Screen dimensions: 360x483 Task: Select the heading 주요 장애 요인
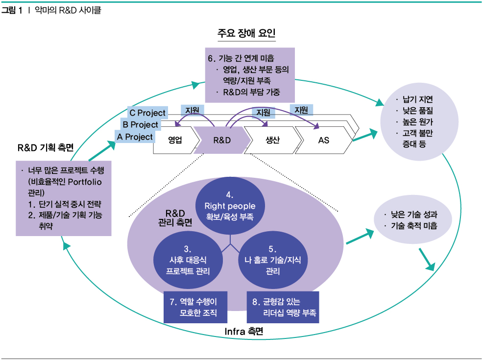[x=246, y=34]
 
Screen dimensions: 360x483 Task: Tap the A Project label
[x=135, y=137]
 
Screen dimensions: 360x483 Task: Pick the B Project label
[x=140, y=125]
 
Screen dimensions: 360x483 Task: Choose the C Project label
[x=147, y=113]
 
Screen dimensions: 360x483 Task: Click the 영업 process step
[x=175, y=140]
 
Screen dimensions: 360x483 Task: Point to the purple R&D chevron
[x=222, y=140]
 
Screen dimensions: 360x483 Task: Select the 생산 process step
[x=272, y=140]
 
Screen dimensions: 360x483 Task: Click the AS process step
[x=323, y=140]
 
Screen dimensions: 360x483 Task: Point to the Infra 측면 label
[x=243, y=332]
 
